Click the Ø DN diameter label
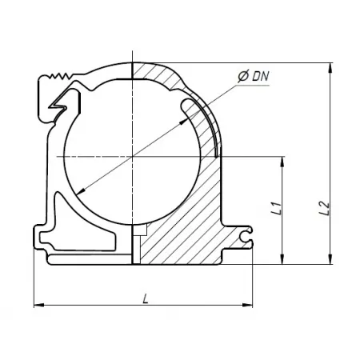tap(254, 77)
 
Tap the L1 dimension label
tap(276, 208)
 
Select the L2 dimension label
tap(325, 208)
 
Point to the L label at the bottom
tap(146, 298)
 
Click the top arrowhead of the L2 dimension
tap(330, 68)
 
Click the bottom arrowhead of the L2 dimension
tap(330, 259)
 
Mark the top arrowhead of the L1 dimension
tap(282, 162)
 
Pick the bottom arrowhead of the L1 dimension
tap(282, 259)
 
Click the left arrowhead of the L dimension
tap(39, 305)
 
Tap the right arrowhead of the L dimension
tap(247, 305)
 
